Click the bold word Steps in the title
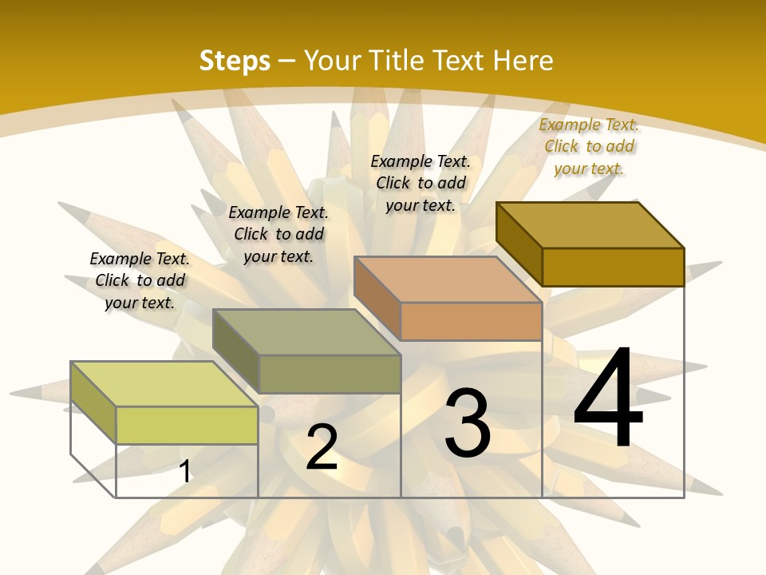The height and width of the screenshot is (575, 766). [x=235, y=61]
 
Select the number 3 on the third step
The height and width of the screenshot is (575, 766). [x=468, y=423]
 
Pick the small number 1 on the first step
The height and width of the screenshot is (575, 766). [x=184, y=472]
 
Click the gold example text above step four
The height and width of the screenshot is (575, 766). [x=589, y=146]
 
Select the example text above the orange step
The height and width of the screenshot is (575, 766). [x=421, y=183]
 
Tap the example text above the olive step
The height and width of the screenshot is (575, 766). [x=278, y=234]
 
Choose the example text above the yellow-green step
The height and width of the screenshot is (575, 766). [x=140, y=280]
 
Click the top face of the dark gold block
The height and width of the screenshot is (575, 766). [x=590, y=224]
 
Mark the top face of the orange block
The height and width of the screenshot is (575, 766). [x=448, y=280]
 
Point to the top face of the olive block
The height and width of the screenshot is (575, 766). [x=306, y=332]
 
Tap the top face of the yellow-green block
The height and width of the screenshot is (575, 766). [x=164, y=384]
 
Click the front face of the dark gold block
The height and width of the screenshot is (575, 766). [x=613, y=267]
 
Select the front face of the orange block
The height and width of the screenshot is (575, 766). [x=471, y=322]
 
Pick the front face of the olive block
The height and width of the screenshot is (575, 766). [x=329, y=374]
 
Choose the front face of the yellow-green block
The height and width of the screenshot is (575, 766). [x=187, y=425]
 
